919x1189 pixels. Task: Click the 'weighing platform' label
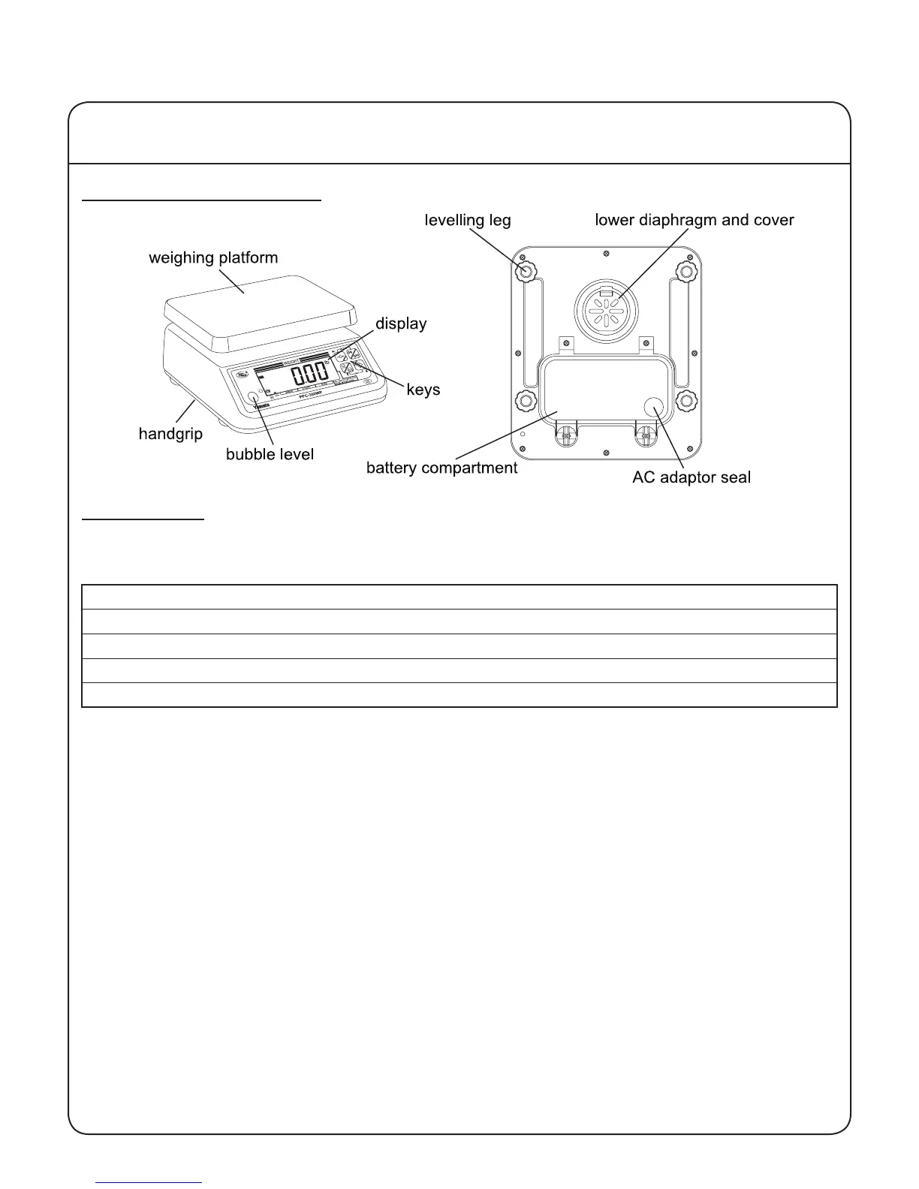[213, 258]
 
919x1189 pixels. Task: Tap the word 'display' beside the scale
[401, 324]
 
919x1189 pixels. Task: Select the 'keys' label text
[423, 390]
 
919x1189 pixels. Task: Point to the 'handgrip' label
[170, 434]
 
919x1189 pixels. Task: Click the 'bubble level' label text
[270, 454]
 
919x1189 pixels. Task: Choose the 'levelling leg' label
[468, 221]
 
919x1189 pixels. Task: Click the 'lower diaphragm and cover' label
[694, 221]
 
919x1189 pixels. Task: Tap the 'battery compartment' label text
[441, 468]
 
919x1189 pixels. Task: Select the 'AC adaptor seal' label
[691, 477]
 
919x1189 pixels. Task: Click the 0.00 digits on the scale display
[309, 373]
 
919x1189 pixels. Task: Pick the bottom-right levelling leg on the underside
[686, 401]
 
